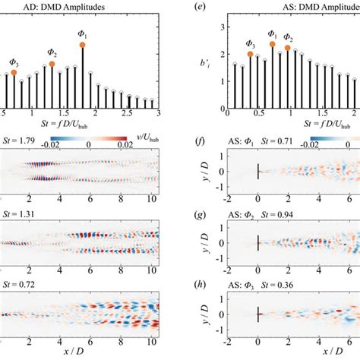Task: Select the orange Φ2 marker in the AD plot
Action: [52, 65]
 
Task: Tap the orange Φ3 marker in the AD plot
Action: [13, 73]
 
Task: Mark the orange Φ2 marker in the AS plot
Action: [288, 48]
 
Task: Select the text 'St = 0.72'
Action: [14, 282]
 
